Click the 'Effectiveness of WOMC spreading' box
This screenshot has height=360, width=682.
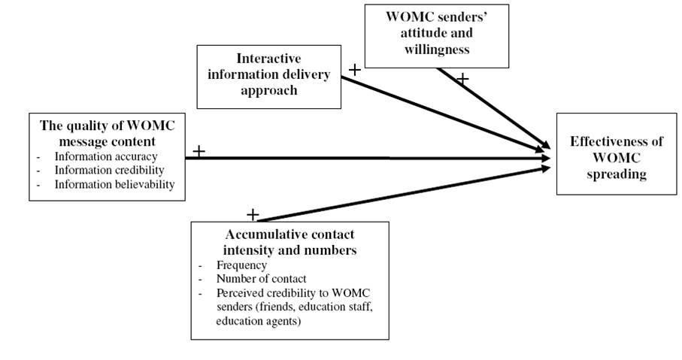point(615,155)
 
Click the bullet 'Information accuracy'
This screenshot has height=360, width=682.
point(106,157)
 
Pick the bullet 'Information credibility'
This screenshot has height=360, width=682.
point(109,171)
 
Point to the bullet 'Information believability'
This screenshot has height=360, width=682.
point(120,184)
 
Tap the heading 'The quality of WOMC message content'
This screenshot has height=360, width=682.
point(107,133)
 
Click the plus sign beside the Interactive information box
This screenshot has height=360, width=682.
point(355,70)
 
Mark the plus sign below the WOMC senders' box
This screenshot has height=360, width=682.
point(463,77)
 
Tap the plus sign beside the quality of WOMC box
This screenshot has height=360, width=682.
point(199,151)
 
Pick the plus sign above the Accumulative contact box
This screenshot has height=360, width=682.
point(253,215)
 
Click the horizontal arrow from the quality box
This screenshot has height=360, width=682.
point(376,158)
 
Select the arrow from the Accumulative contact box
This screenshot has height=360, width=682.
point(406,192)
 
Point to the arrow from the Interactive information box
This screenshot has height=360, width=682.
point(444,110)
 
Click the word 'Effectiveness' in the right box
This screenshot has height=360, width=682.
point(616,141)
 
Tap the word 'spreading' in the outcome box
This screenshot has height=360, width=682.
point(616,173)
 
